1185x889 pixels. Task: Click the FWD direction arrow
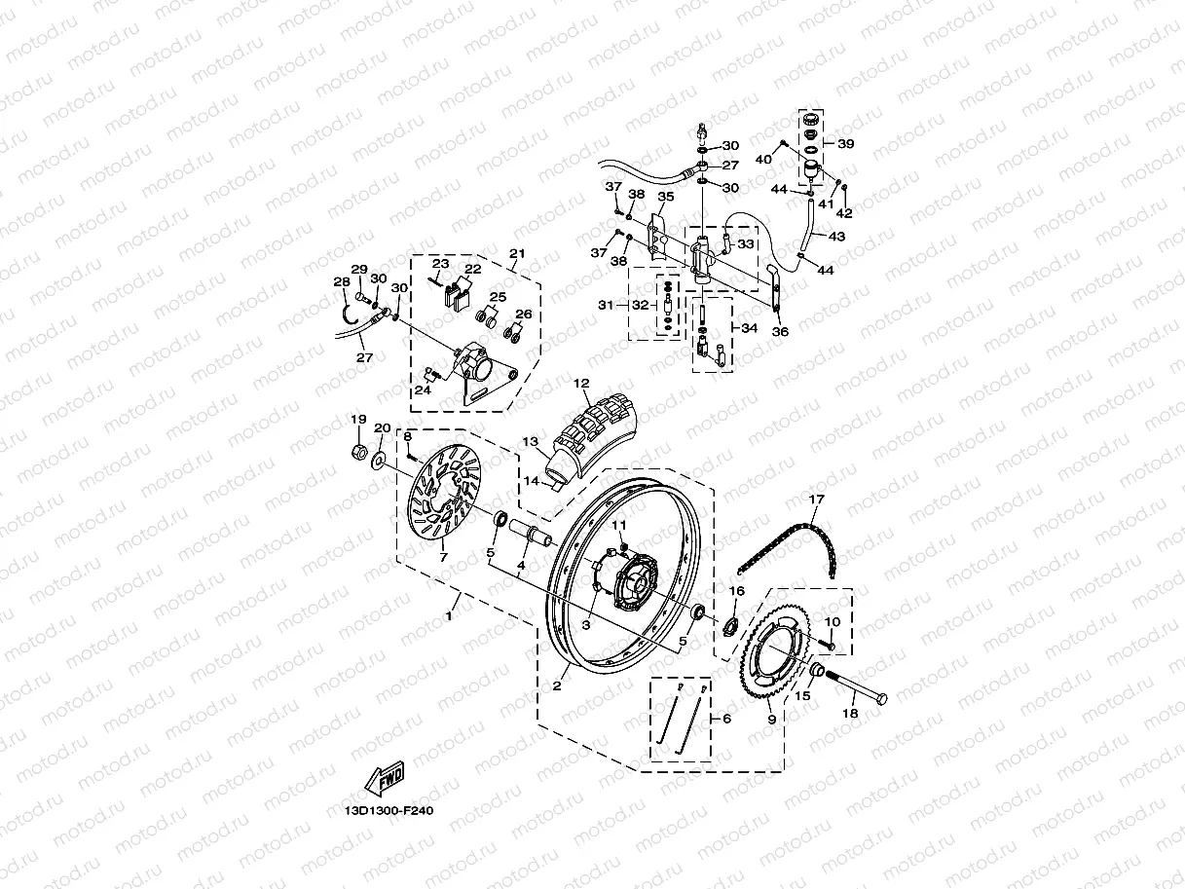(385, 778)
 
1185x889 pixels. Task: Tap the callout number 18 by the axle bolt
(849, 714)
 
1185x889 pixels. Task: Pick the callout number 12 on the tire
(582, 383)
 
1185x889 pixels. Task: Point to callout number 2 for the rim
(557, 685)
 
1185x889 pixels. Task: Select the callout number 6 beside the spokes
(725, 719)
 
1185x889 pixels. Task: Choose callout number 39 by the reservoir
(845, 143)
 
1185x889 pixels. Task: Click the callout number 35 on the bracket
(666, 197)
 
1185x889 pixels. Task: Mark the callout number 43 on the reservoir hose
(836, 237)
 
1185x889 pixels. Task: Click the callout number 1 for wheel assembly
(449, 616)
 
